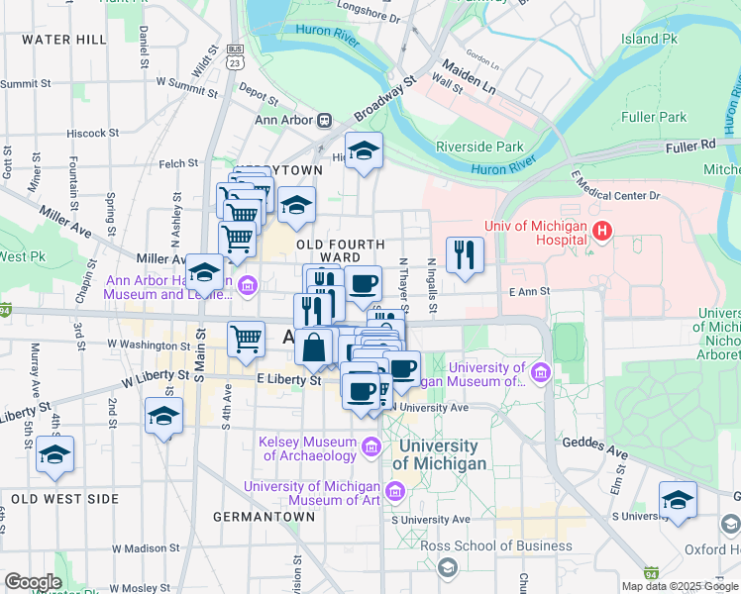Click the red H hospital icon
coord(601,232)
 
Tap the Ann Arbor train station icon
coord(324,120)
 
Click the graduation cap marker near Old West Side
coord(55,454)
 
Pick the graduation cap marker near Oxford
coord(678,500)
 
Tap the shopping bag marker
coord(314,347)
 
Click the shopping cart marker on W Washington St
coord(246,340)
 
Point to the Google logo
coord(33,581)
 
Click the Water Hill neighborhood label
coord(63,39)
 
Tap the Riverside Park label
coord(479,147)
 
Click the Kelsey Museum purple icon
coord(370,448)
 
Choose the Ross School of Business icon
coord(447,566)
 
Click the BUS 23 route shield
coord(235,55)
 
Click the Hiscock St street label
coord(92,132)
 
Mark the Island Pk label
coord(649,39)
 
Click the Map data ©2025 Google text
coord(679,585)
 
